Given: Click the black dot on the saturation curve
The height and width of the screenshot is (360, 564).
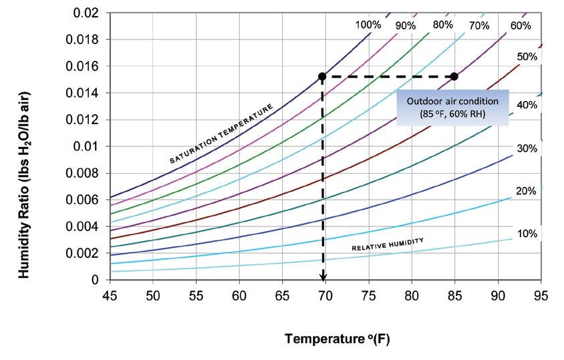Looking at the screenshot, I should point(322,76).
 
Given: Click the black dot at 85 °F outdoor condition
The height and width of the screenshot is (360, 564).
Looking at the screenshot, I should point(454,76).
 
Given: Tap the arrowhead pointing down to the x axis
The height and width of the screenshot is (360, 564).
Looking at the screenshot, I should point(323,275).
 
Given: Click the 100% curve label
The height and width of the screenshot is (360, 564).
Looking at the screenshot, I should point(368,25).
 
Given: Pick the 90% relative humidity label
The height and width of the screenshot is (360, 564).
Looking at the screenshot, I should point(405,25).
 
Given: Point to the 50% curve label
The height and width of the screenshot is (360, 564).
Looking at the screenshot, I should point(527,57).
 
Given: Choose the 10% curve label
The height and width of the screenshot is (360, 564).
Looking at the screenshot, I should point(527,234).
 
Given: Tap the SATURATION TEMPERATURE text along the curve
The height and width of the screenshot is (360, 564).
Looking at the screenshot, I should point(221,134).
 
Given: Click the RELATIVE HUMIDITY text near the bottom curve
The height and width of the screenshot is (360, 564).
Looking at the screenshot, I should point(388,245).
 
